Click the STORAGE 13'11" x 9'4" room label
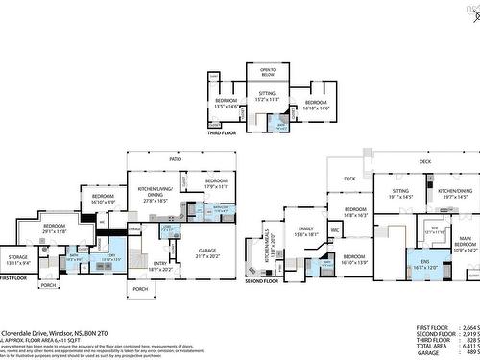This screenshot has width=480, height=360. pos(19,258)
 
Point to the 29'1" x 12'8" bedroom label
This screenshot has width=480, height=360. pos(55,229)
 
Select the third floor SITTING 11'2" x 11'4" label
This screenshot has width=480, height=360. pos(266,96)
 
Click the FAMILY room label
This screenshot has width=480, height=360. pos(307,232)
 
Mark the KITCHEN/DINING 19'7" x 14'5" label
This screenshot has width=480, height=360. pos(451,194)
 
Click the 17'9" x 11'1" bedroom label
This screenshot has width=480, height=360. pos(215,183)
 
